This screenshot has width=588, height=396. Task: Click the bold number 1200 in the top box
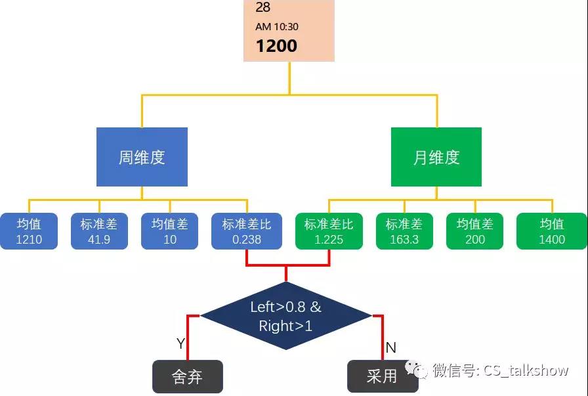coord(276,46)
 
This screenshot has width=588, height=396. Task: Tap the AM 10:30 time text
coord(277,27)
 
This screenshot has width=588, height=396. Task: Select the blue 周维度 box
coord(142,157)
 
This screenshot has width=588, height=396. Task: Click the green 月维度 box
coord(436,157)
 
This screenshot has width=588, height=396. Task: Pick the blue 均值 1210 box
coord(29,231)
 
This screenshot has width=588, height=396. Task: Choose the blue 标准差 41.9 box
coord(99,231)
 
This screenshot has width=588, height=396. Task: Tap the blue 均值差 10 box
coord(169,231)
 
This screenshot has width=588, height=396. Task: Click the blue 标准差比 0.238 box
coord(247,231)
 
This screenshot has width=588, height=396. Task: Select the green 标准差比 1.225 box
coord(329,231)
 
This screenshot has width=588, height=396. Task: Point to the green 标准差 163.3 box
coord(404,231)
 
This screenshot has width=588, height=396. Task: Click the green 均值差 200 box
coord(474,231)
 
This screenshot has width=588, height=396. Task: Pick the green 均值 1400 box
coord(552,231)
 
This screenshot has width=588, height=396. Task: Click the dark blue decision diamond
coord(286,316)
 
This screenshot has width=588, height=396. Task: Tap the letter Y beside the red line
coord(180,343)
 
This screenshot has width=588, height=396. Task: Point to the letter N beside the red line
coord(390,347)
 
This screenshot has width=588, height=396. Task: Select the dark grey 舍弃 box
coord(188,376)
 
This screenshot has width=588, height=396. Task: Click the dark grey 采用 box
coord(383,376)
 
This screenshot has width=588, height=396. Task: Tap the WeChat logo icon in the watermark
coord(416,369)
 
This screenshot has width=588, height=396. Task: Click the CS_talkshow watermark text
coord(526,371)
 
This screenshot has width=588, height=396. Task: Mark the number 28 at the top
coord(263,7)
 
